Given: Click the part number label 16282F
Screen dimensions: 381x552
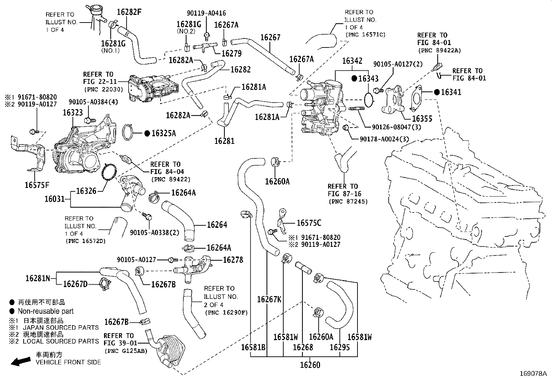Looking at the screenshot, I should pyautogui.click(x=129, y=12).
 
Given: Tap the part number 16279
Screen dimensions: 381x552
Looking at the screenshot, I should pyautogui.click(x=231, y=53).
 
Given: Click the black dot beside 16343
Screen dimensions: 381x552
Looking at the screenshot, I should pyautogui.click(x=354, y=78).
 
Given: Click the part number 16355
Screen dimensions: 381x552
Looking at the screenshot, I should pyautogui.click(x=422, y=119).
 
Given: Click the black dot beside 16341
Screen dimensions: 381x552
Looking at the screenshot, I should pyautogui.click(x=437, y=92).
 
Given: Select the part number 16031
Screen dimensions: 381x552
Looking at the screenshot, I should pyautogui.click(x=54, y=199).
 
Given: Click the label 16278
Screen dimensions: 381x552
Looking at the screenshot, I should pyautogui.click(x=233, y=260).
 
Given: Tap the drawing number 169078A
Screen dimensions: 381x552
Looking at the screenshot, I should pyautogui.click(x=533, y=374).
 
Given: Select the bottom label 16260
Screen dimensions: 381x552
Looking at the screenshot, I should pyautogui.click(x=310, y=365).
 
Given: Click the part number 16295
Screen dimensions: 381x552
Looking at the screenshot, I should pyautogui.click(x=339, y=347).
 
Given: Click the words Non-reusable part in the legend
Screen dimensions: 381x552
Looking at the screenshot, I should pyautogui.click(x=46, y=311).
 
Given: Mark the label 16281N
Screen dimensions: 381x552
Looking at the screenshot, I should pyautogui.click(x=38, y=278).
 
